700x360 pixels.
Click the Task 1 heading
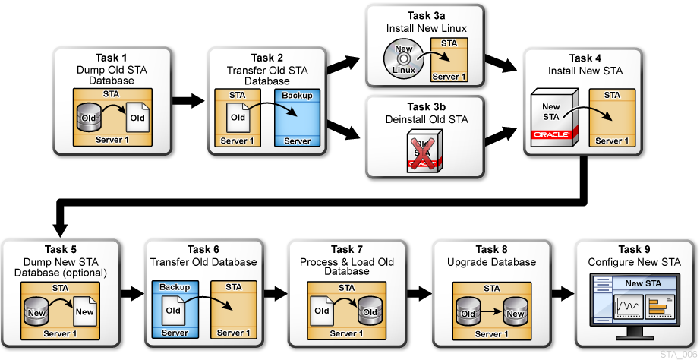112,58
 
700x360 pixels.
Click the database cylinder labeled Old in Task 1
88,118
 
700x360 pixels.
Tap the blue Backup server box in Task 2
298,118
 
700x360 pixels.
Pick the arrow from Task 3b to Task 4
497,137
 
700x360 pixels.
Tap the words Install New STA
585,71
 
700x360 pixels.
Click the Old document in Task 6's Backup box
174,311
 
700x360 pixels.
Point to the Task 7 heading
342,250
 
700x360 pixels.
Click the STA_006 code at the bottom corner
678,354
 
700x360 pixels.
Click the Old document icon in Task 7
322,311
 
